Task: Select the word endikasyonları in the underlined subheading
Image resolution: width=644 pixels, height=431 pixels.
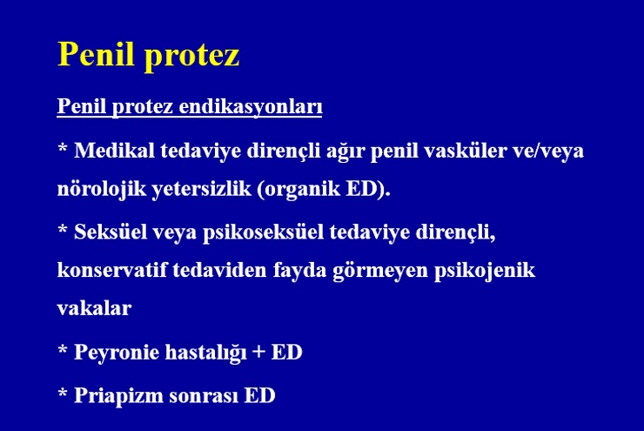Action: click(x=251, y=107)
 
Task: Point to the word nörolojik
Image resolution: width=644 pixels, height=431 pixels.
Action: click(x=102, y=190)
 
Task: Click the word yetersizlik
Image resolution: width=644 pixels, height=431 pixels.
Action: click(x=202, y=190)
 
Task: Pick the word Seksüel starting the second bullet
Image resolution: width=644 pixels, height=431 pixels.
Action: click(x=111, y=232)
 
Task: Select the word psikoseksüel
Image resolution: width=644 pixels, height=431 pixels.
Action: click(x=264, y=233)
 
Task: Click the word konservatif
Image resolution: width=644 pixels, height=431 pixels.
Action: click(x=112, y=270)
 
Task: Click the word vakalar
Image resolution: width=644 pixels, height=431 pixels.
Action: click(x=95, y=308)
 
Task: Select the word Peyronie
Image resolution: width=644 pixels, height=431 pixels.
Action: click(x=117, y=353)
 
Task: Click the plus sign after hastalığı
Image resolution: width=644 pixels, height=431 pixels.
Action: click(x=258, y=352)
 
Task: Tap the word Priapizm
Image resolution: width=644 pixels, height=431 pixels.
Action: click(x=118, y=396)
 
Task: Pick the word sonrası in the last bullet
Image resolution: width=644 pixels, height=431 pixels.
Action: click(x=204, y=396)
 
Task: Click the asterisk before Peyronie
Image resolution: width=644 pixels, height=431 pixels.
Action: click(x=63, y=349)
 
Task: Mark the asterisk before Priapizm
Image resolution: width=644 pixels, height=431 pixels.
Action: click(x=63, y=393)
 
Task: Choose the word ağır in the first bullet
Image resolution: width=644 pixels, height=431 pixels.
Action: click(x=345, y=152)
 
